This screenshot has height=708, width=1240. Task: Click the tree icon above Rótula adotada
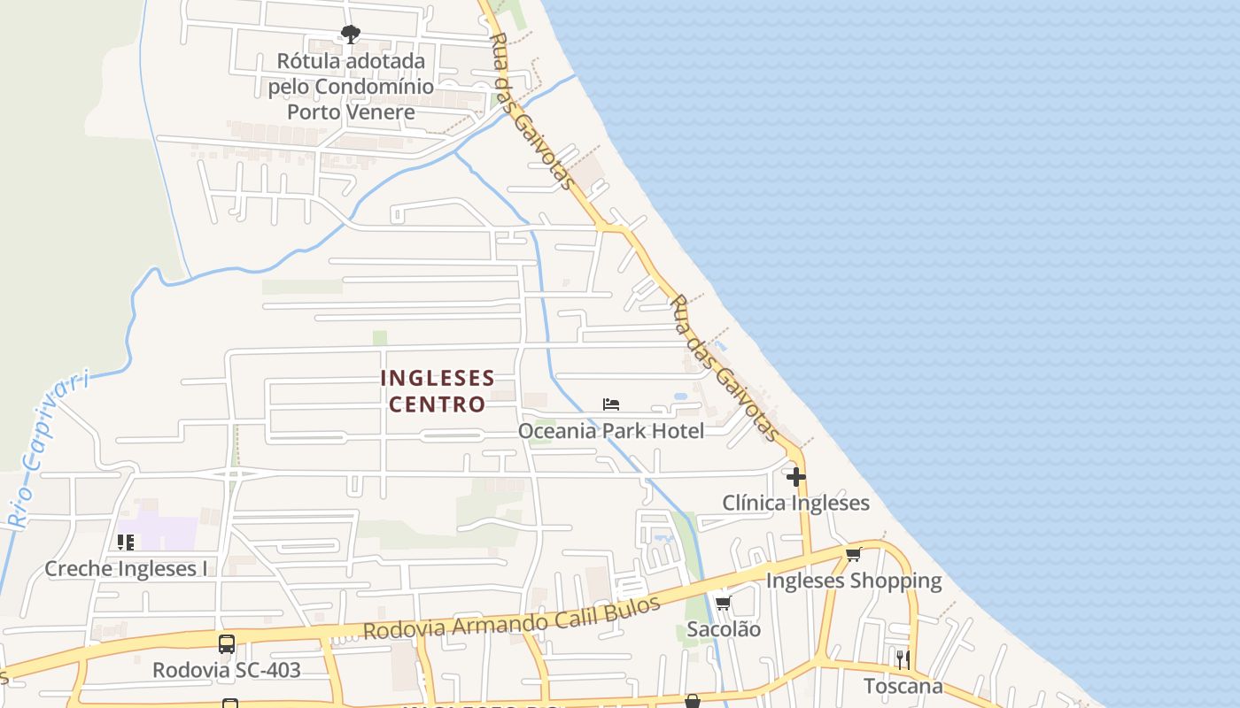click(x=351, y=35)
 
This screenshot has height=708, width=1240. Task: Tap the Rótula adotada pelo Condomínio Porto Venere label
click(x=352, y=87)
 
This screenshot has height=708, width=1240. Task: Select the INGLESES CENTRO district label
click(x=438, y=391)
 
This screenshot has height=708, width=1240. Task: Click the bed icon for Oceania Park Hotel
click(x=611, y=404)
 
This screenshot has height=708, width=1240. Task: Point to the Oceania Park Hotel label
click(x=611, y=431)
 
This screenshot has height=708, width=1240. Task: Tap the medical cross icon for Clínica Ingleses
click(x=796, y=477)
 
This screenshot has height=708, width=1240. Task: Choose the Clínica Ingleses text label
click(x=795, y=504)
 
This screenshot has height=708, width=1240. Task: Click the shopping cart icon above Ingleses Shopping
click(x=853, y=555)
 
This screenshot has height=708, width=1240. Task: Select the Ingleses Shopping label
click(x=853, y=581)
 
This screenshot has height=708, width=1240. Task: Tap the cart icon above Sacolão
click(x=724, y=604)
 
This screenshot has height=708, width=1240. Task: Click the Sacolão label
click(x=724, y=629)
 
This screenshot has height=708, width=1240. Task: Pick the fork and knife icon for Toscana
click(x=902, y=659)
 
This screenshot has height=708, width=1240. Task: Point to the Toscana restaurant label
click(x=903, y=686)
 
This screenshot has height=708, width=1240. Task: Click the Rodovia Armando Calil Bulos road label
click(x=512, y=619)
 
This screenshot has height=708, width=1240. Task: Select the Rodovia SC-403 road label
click(x=227, y=670)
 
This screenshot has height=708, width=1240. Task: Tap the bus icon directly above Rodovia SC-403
click(x=227, y=643)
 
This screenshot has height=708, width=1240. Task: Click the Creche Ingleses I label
click(x=126, y=568)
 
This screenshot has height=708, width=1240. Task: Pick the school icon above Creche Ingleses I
click(x=126, y=542)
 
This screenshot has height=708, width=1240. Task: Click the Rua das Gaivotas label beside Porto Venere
click(x=532, y=112)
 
